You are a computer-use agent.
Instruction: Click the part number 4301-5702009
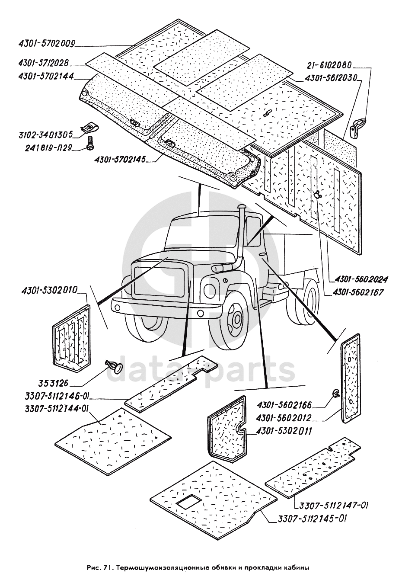(x=47, y=43)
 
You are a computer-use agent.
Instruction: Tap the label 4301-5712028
(x=44, y=63)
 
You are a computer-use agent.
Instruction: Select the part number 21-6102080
(x=330, y=66)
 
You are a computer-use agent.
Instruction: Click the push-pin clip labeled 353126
(x=113, y=366)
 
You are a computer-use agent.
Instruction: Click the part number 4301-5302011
(x=283, y=431)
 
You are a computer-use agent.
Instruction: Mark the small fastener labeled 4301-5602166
(x=335, y=393)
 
